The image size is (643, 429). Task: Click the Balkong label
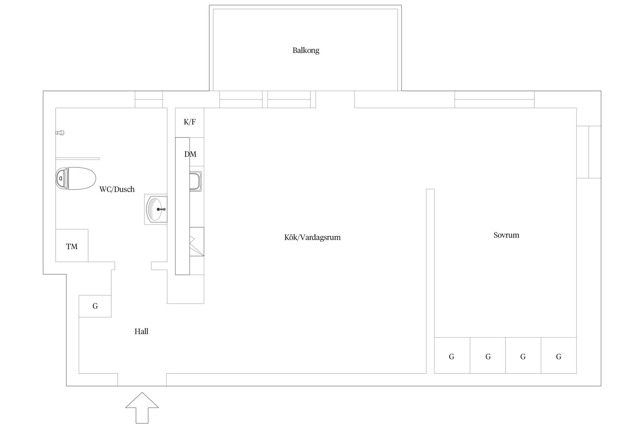tap(306, 50)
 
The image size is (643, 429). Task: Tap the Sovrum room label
tap(506, 235)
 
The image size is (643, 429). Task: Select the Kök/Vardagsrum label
tap(312, 237)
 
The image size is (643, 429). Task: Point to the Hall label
tap(141, 331)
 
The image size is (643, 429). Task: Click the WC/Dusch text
tap(117, 189)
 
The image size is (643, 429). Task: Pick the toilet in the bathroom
tap(76, 178)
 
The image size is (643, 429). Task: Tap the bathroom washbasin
tap(156, 209)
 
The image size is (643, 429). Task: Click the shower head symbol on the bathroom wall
tap(60, 133)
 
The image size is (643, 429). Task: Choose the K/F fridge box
tap(190, 122)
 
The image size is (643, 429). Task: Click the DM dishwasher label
tap(190, 154)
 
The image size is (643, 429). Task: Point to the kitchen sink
tap(195, 181)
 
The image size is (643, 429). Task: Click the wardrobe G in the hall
tap(95, 306)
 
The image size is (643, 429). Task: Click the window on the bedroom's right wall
tap(588, 152)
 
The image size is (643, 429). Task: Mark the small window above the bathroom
tap(149, 99)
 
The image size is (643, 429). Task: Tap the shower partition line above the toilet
tap(77, 159)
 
